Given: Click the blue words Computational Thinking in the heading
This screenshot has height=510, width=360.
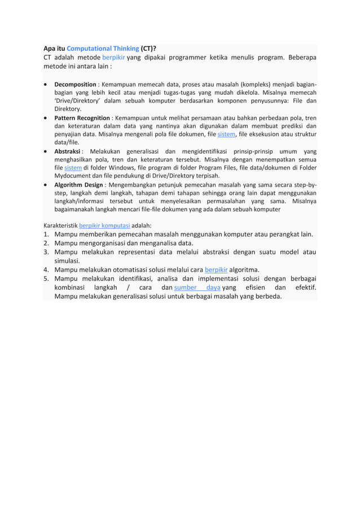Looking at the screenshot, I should (103, 49).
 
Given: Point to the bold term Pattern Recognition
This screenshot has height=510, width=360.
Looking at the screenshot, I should (82, 117).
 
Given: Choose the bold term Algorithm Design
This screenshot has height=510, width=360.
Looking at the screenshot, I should (78, 185).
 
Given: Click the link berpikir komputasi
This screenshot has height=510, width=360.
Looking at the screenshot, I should (104, 224).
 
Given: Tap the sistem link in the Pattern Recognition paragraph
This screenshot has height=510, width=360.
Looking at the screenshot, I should (226, 134).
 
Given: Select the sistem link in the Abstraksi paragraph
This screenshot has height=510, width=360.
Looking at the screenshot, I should (73, 168).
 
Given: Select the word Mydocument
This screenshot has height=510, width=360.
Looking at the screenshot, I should (73, 176).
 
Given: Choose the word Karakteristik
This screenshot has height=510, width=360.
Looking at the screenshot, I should (60, 224).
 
